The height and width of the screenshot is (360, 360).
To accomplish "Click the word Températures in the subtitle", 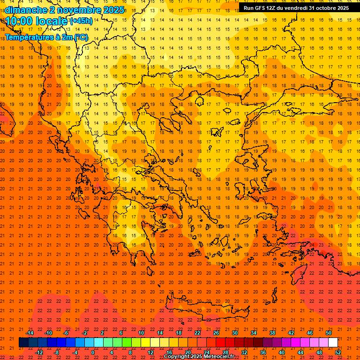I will [27, 37].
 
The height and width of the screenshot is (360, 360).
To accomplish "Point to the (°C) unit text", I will [80, 37].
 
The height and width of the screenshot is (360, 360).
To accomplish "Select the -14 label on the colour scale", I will [30, 333].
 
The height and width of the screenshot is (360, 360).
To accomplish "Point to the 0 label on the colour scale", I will [93, 352].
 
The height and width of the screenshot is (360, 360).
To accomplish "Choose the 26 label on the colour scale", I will [216, 333].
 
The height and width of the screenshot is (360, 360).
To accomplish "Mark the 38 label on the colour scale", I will [272, 333].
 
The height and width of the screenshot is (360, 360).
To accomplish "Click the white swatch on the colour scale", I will [333, 343].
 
